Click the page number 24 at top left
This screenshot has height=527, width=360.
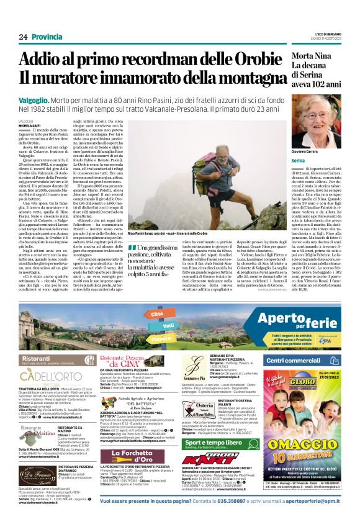coord(22,37)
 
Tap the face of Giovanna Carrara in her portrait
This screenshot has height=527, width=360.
coord(323,122)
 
